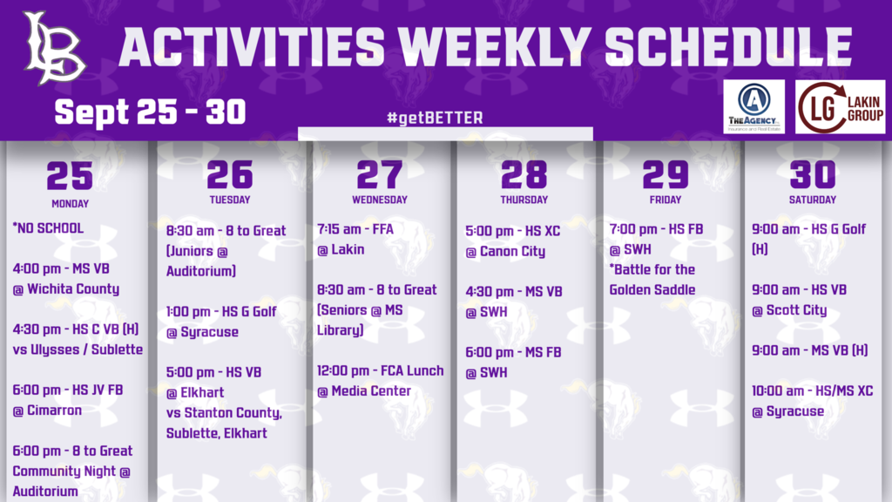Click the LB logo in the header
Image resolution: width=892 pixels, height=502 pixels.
click(x=55, y=48)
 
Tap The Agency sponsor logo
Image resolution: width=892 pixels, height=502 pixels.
click(x=753, y=106)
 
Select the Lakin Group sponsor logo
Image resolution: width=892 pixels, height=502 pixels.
click(x=841, y=106)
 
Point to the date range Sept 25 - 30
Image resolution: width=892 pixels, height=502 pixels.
click(x=150, y=112)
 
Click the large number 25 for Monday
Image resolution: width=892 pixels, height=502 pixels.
click(x=70, y=175)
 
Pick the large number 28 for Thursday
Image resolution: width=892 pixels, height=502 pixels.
click(x=524, y=175)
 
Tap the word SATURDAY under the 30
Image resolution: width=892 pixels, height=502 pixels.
click(x=812, y=200)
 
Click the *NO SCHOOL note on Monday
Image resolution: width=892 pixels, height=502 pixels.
click(x=48, y=228)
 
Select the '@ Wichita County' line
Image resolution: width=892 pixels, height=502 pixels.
click(x=65, y=289)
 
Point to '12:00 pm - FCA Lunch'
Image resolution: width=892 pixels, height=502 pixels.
click(x=381, y=370)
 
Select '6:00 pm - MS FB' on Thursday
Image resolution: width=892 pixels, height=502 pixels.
click(x=514, y=352)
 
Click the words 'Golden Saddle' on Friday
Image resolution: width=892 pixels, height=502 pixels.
click(x=652, y=289)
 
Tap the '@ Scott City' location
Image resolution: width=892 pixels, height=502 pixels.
click(x=789, y=310)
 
